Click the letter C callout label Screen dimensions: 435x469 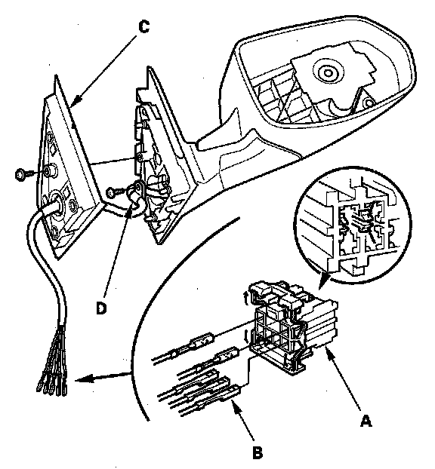tap(144, 27)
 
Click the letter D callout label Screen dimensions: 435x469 tap(101, 308)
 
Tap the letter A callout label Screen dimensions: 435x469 tap(366, 421)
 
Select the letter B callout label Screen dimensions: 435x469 tap(258, 452)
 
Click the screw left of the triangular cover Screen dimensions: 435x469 tap(24, 173)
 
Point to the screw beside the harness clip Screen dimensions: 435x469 tap(115, 192)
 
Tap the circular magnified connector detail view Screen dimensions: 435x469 tap(353, 225)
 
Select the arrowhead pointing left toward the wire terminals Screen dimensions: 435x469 tap(80, 380)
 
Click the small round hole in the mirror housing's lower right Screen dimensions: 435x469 tap(370, 103)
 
